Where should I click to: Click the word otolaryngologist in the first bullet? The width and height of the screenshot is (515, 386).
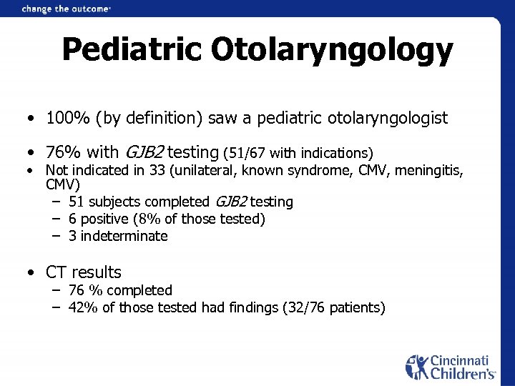pyautogui.click(x=387, y=117)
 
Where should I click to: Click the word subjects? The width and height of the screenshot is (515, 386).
pyautogui.click(x=112, y=202)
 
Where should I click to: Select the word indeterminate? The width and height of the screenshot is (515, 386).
pyautogui.click(x=124, y=236)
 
